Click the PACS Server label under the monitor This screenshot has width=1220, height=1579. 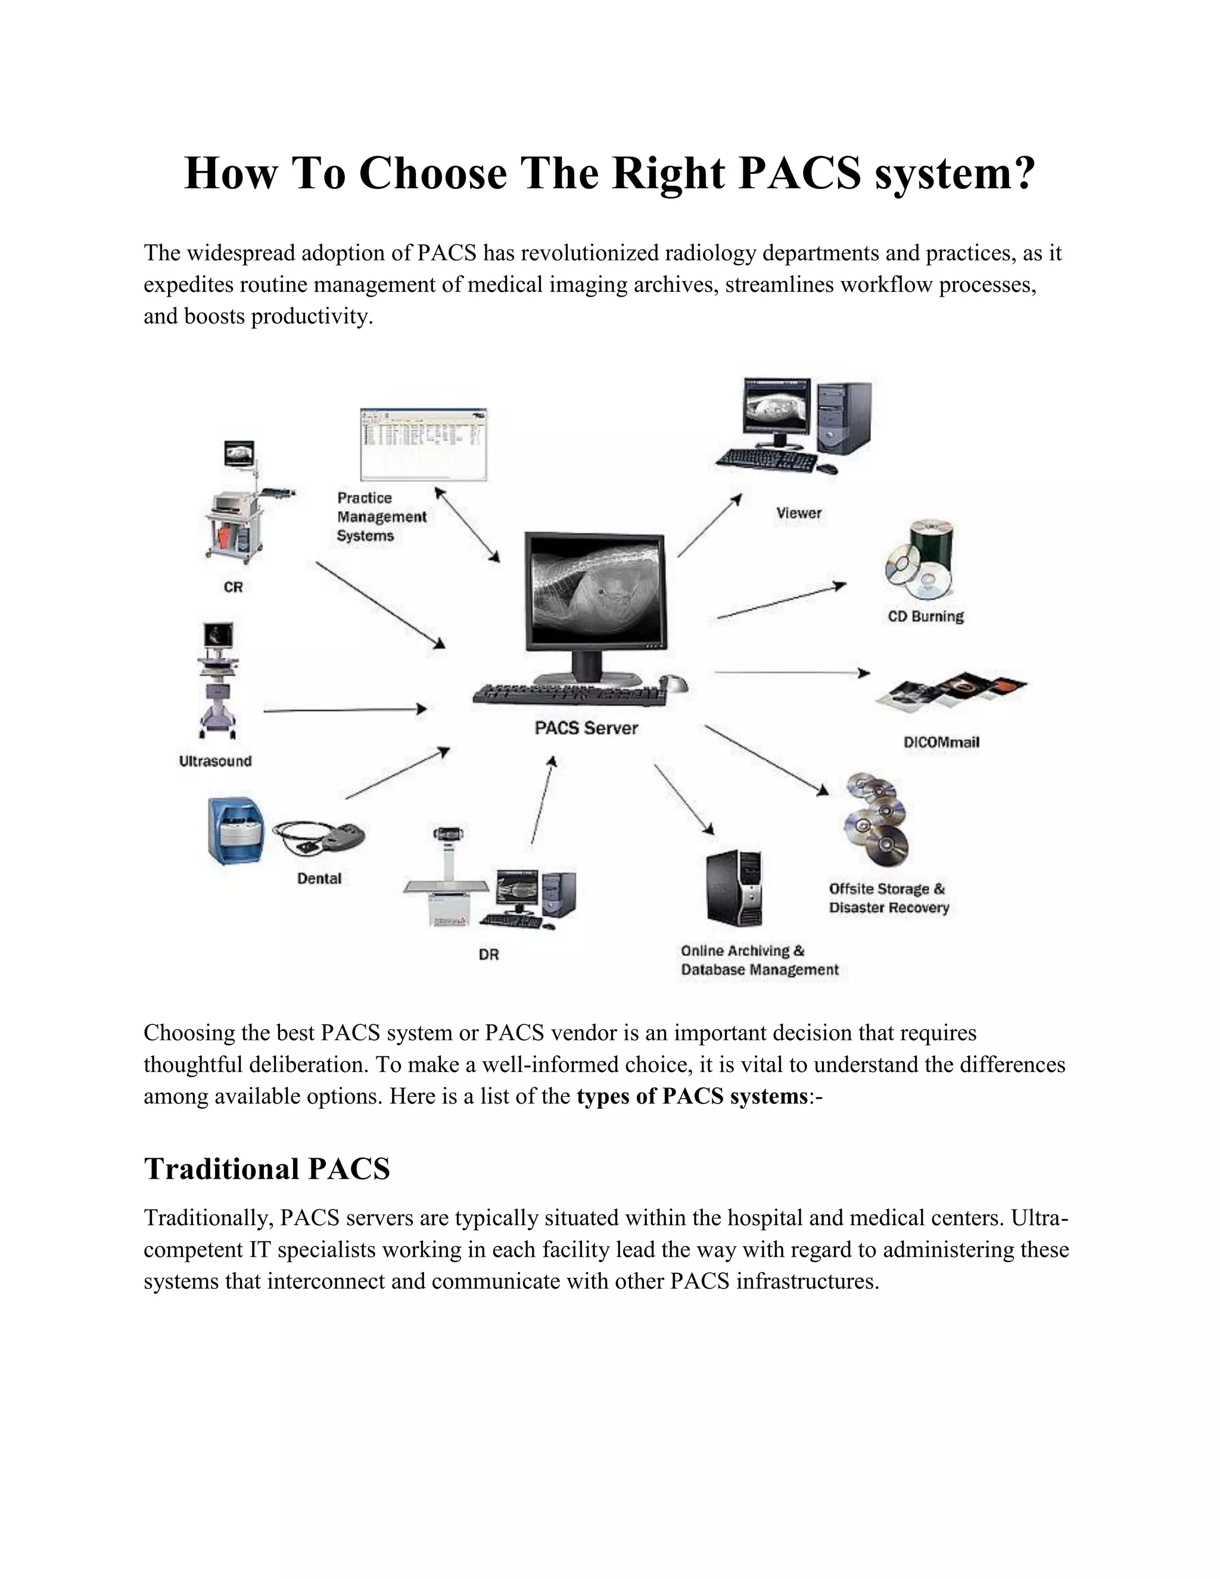[586, 728]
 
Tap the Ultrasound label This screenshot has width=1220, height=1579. [216, 761]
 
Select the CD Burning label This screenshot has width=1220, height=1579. [926, 617]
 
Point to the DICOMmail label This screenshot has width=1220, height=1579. [942, 742]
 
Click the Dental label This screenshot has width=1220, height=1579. [319, 878]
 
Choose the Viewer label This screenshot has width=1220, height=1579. [799, 513]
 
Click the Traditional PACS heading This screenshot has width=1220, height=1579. [267, 1169]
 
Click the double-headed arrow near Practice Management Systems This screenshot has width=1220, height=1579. [467, 524]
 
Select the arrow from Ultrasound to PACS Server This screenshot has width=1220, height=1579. [345, 711]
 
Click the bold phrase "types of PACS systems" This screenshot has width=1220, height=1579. [692, 1097]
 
